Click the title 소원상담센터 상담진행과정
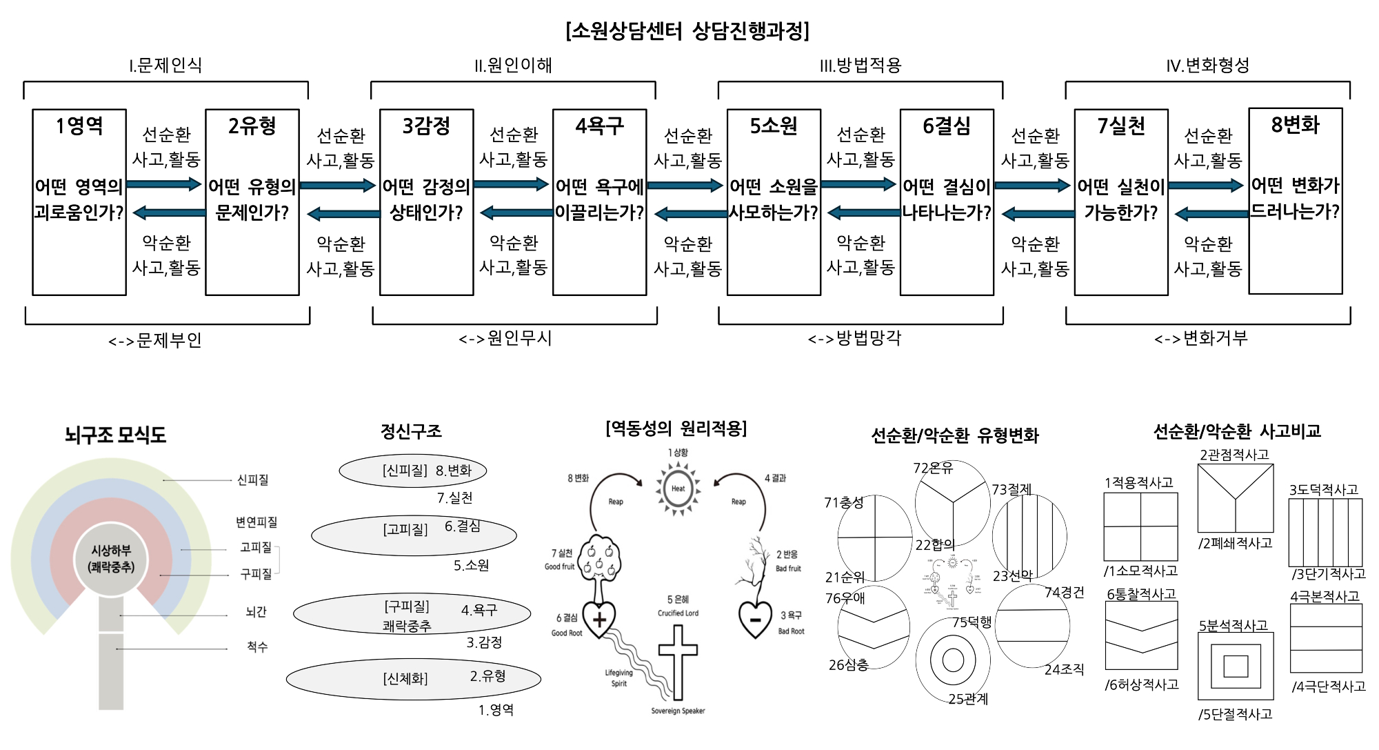click(687, 31)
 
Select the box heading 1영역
click(79, 126)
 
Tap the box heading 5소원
click(774, 126)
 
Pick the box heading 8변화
click(1295, 125)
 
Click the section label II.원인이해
click(513, 66)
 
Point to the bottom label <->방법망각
click(854, 338)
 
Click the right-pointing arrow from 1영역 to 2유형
click(163, 184)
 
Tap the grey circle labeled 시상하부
click(111, 558)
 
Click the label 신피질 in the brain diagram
click(252, 480)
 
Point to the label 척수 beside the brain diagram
click(256, 647)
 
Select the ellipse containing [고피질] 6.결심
click(414, 535)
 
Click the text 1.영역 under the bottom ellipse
click(496, 710)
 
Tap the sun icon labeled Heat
click(678, 489)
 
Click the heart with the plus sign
click(598, 619)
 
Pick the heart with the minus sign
click(755, 619)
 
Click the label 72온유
click(933, 468)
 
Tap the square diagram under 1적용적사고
click(1140, 526)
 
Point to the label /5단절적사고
click(1235, 714)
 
